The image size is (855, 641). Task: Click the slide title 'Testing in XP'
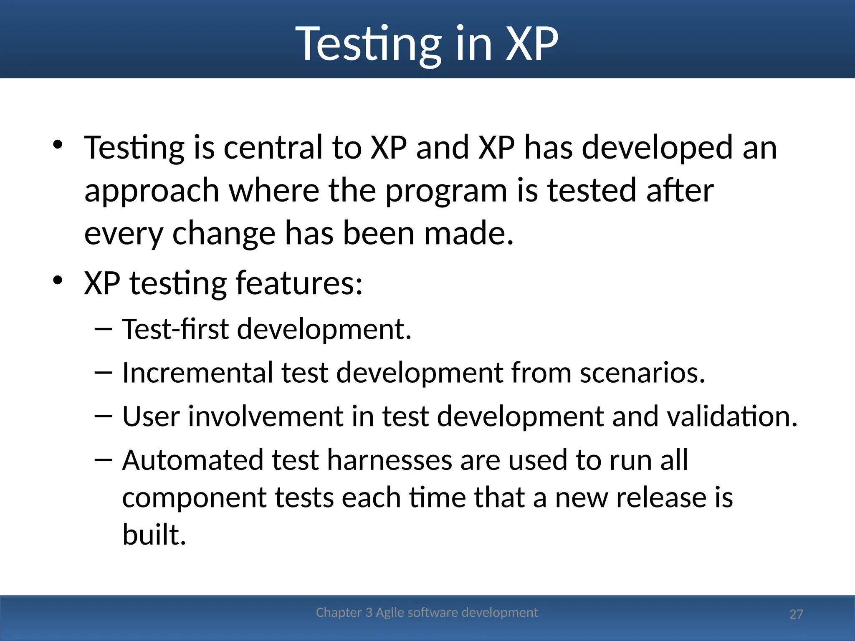(427, 44)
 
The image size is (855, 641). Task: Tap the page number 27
(796, 614)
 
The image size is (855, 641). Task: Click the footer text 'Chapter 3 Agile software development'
(427, 612)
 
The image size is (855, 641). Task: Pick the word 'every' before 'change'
(124, 234)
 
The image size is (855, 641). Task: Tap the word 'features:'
(299, 283)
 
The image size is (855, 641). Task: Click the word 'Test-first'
(175, 329)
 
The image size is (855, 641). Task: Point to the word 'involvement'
(266, 416)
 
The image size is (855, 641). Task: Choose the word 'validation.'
(732, 416)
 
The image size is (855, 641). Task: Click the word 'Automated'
(193, 460)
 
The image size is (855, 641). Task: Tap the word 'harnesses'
(389, 460)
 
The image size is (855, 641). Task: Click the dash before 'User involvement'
(104, 416)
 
